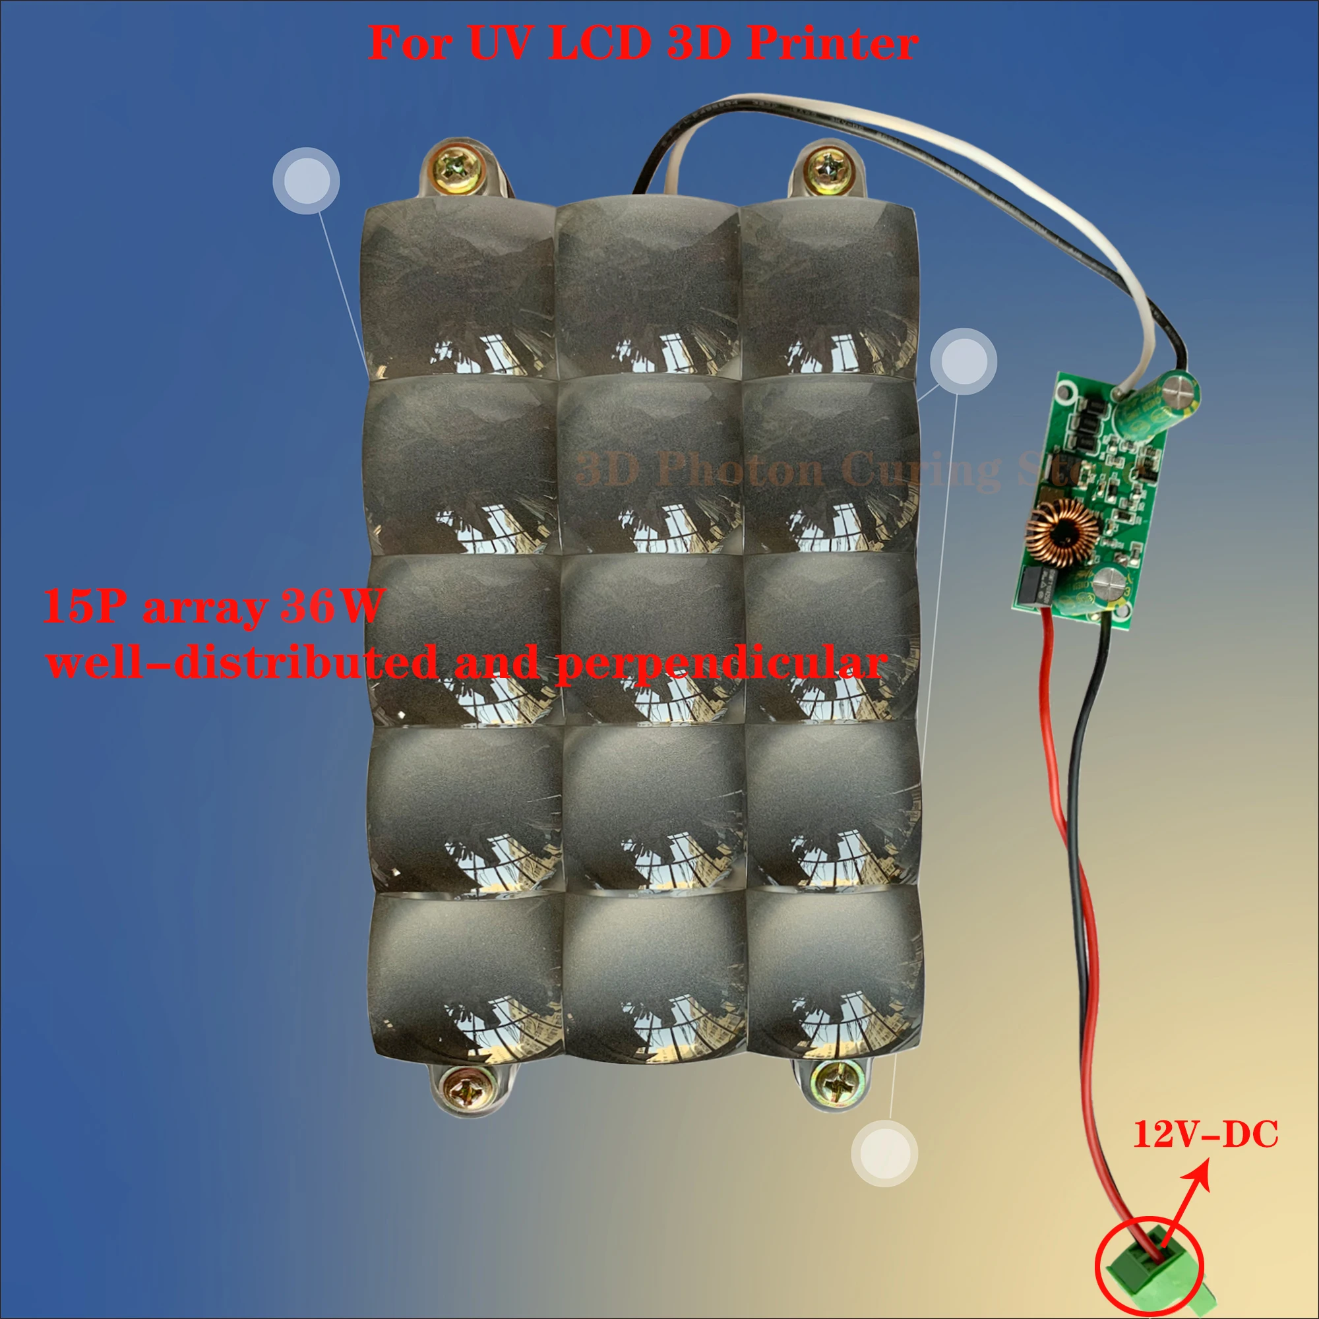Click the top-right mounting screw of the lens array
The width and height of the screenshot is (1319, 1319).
[x=826, y=167]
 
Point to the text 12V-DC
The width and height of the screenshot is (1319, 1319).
[x=1205, y=1134]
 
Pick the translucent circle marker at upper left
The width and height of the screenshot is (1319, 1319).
[x=306, y=181]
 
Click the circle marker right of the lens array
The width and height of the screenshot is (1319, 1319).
[x=964, y=361]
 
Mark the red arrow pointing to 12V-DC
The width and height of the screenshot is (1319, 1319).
[x=1186, y=1198]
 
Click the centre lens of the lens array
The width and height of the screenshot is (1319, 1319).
[x=652, y=638]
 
